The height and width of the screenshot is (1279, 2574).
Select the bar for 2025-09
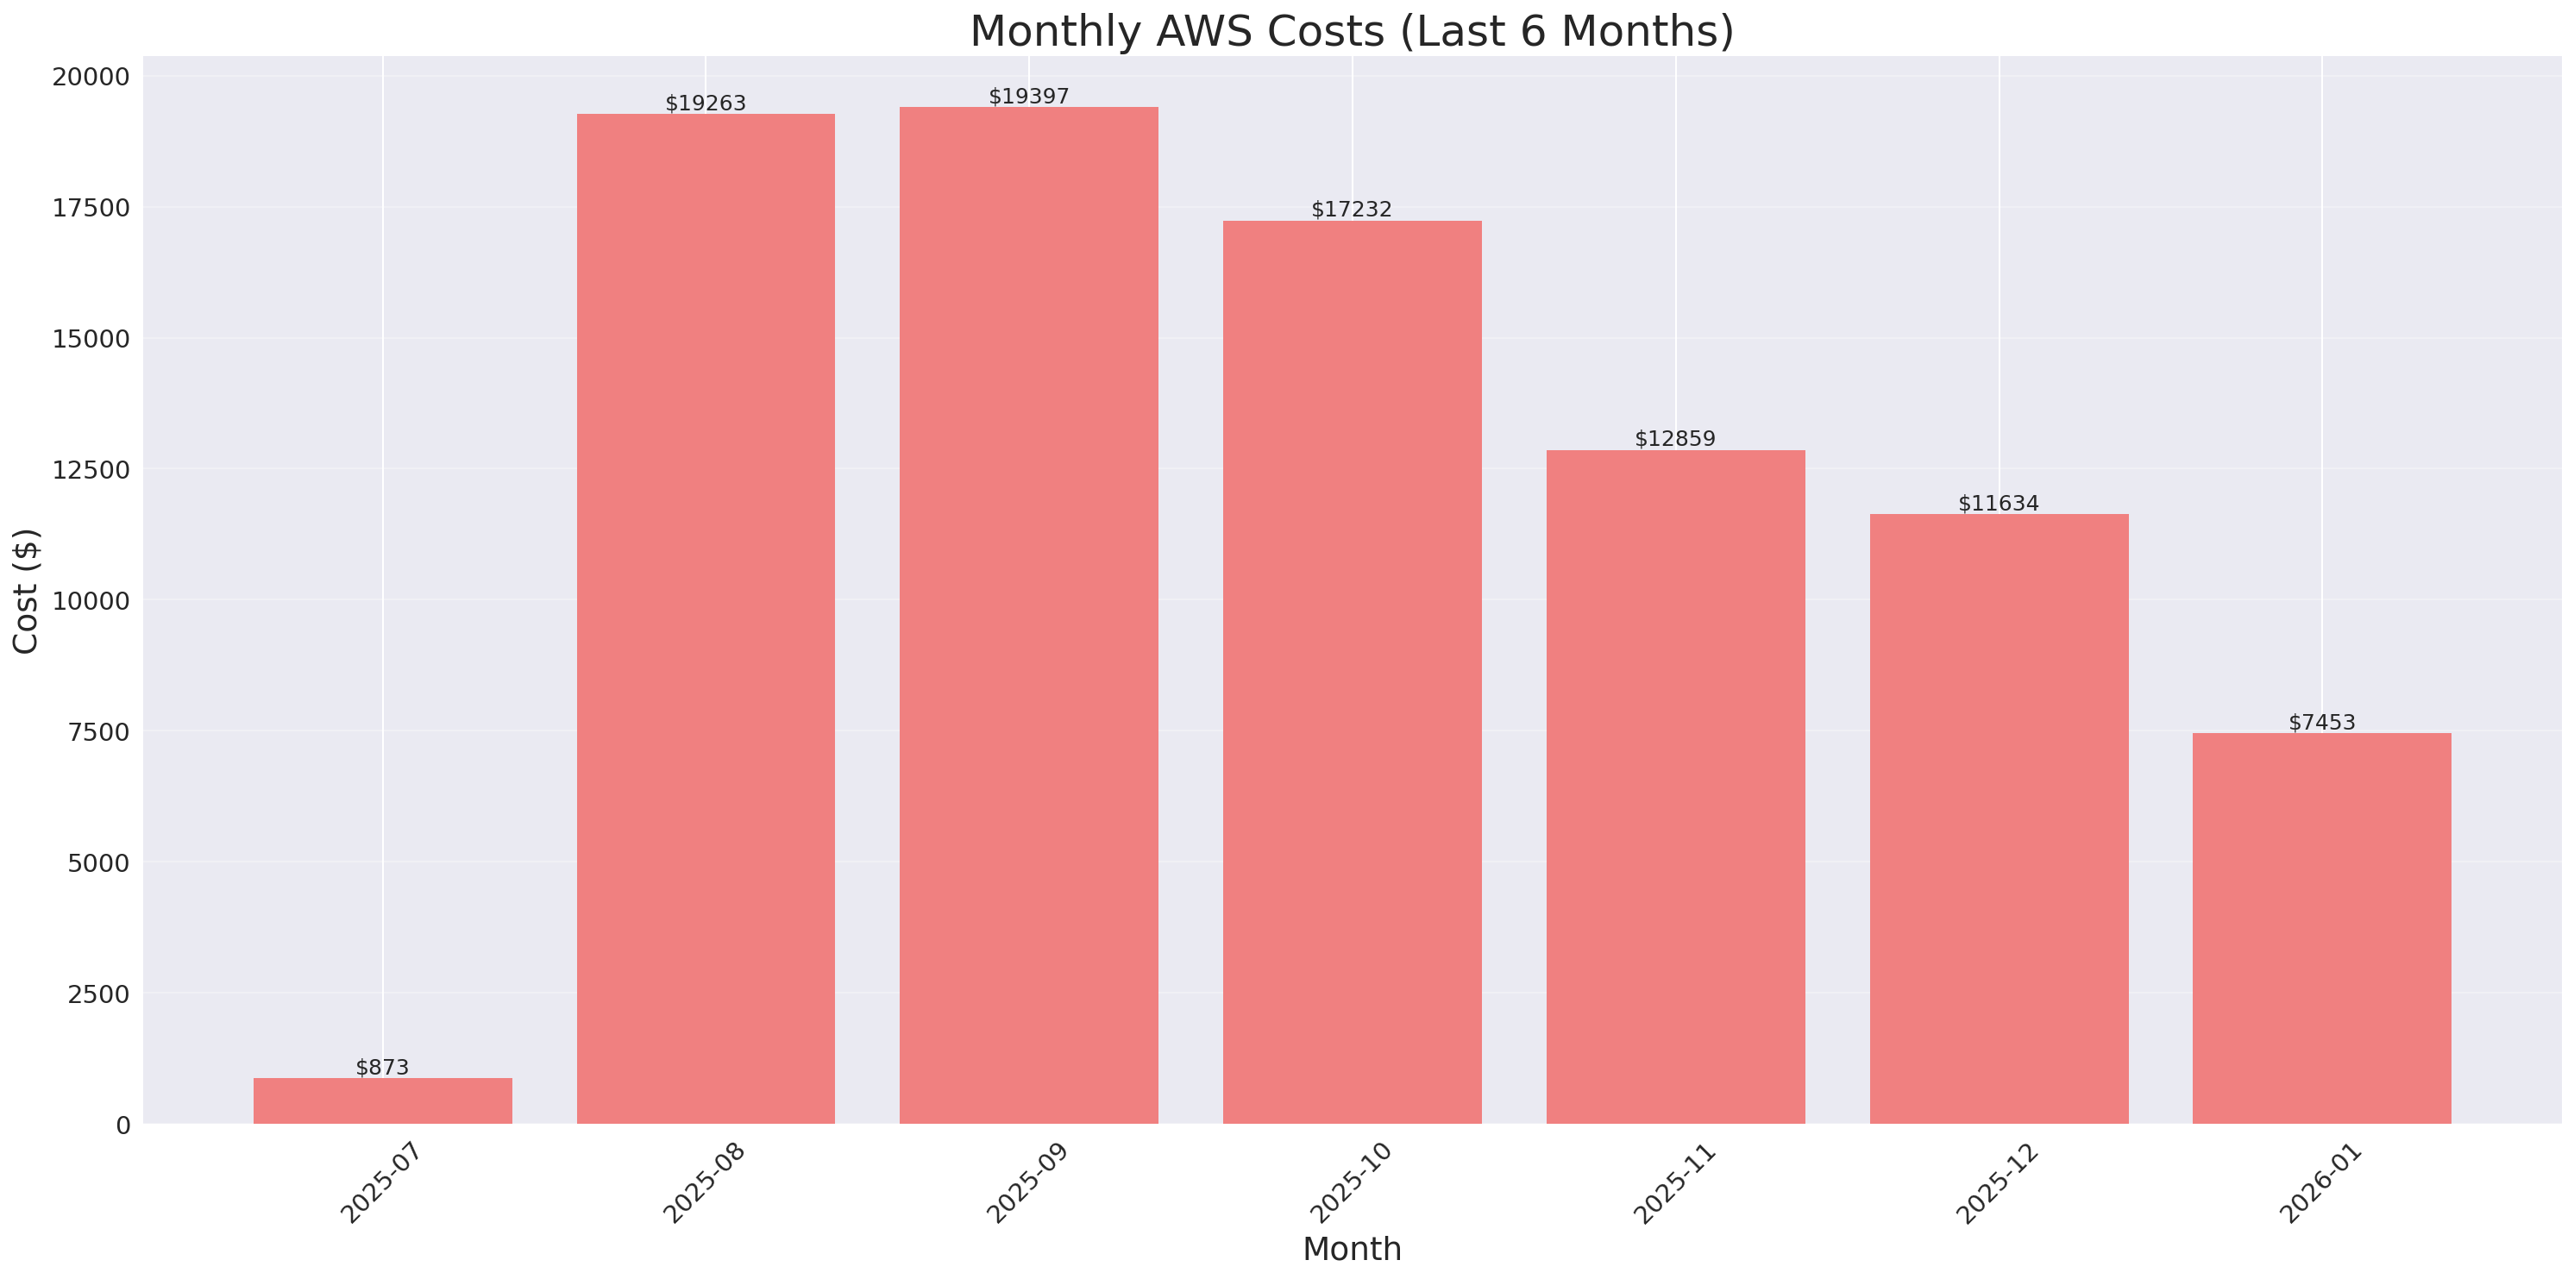pyautogui.click(x=1028, y=616)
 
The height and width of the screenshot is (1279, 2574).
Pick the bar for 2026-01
pyautogui.click(x=2321, y=928)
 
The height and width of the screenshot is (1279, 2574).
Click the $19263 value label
pyautogui.click(x=706, y=103)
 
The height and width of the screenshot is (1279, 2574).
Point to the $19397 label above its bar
pyautogui.click(x=1028, y=96)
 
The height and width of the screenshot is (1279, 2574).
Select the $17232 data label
pyautogui.click(x=1351, y=209)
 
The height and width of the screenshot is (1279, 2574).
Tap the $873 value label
pyautogui.click(x=383, y=1067)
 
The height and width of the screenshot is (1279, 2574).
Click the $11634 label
pyautogui.click(x=1998, y=503)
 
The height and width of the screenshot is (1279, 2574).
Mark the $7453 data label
pyautogui.click(x=2321, y=722)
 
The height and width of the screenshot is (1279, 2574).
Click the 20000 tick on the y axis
pyautogui.click(x=91, y=77)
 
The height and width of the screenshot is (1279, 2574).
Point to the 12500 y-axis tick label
pyautogui.click(x=91, y=470)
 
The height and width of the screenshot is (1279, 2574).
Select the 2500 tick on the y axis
pyautogui.click(x=98, y=994)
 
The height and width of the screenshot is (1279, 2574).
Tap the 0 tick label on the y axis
pyautogui.click(x=122, y=1125)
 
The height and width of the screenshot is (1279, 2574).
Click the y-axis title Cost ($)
pyautogui.click(x=26, y=591)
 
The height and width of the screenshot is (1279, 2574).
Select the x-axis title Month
pyautogui.click(x=1351, y=1249)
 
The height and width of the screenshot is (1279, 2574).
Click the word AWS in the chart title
pyautogui.click(x=1209, y=31)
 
